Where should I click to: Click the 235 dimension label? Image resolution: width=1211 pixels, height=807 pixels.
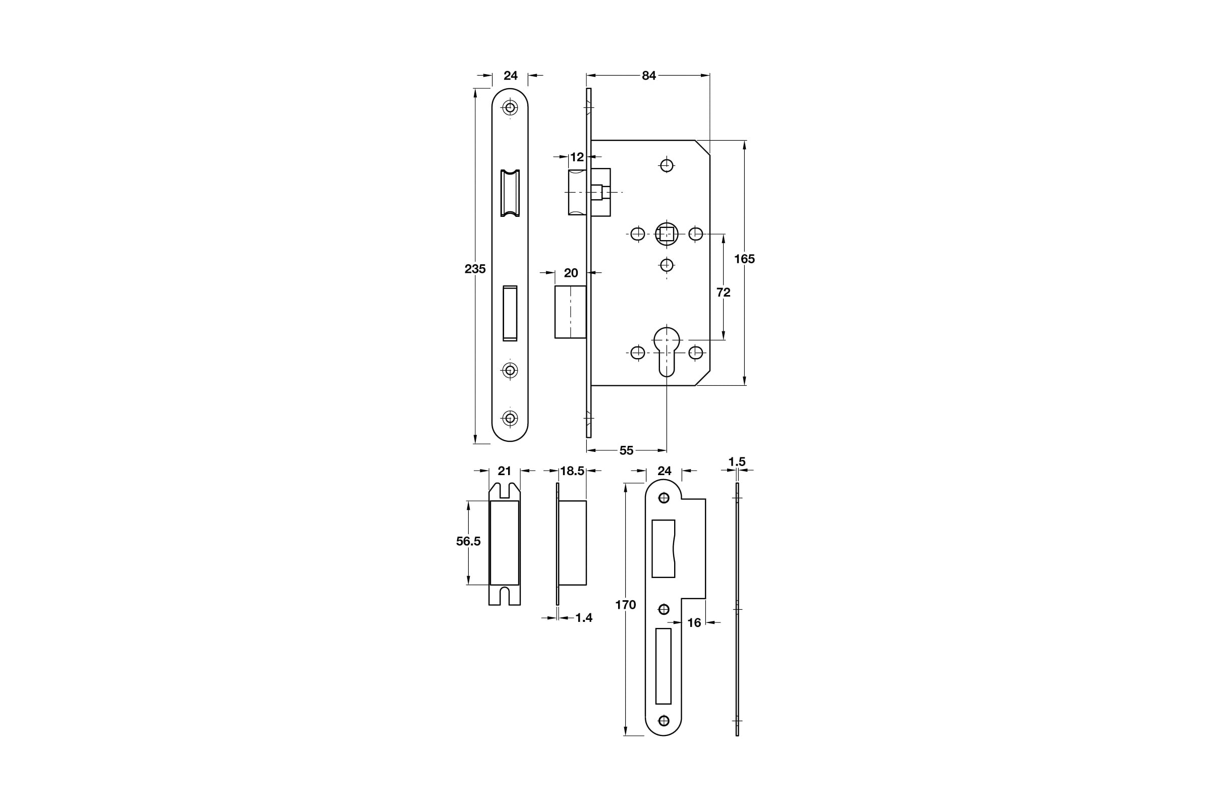pyautogui.click(x=475, y=269)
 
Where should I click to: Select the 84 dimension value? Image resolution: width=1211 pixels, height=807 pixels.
pyautogui.click(x=649, y=76)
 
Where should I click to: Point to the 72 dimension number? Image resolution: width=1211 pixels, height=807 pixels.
pyautogui.click(x=724, y=293)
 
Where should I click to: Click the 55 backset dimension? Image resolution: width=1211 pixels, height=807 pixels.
pyautogui.click(x=626, y=450)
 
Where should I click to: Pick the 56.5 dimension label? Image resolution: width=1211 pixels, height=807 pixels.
pyautogui.click(x=468, y=541)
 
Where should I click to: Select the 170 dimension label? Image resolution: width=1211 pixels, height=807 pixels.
pyautogui.click(x=626, y=605)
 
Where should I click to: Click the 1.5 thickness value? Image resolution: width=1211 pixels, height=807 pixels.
pyautogui.click(x=737, y=462)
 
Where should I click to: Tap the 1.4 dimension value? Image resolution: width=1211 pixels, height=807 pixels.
pyautogui.click(x=583, y=617)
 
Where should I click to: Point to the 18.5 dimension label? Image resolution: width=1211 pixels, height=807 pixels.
pyautogui.click(x=572, y=471)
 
